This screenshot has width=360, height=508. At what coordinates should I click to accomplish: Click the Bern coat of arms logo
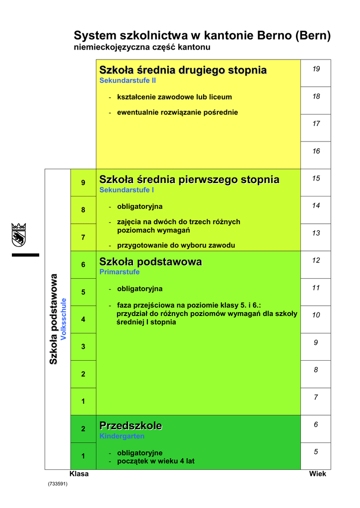[18, 234]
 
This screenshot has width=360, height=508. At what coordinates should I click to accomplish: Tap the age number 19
[316, 69]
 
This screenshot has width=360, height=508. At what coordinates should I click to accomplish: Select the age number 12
[316, 260]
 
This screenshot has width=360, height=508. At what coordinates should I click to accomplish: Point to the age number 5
[316, 451]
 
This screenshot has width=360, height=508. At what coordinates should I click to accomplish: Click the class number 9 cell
[83, 183]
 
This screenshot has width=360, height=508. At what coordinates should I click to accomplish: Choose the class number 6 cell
[83, 264]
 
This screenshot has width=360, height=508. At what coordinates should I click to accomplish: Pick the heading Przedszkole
[131, 426]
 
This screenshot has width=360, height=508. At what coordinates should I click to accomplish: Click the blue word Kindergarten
[122, 436]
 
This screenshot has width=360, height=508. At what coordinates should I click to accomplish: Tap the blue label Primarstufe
[119, 272]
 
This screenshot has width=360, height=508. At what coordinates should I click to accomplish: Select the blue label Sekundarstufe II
[128, 80]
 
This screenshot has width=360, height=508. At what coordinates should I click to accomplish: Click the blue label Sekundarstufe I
[127, 190]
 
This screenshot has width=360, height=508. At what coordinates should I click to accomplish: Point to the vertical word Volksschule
[63, 318]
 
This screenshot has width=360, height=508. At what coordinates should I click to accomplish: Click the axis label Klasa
[79, 474]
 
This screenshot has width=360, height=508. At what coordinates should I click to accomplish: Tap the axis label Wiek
[317, 474]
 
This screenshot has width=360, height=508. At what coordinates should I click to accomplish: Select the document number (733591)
[58, 484]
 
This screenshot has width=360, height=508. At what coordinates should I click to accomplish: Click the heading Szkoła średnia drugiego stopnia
[183, 70]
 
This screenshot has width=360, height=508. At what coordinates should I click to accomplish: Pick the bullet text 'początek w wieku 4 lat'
[155, 461]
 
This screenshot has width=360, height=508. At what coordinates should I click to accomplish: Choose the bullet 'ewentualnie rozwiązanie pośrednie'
[177, 112]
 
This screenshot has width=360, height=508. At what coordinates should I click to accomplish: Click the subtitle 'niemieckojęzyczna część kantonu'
[142, 47]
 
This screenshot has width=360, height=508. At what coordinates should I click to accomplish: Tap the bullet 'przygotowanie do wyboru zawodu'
[176, 245]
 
